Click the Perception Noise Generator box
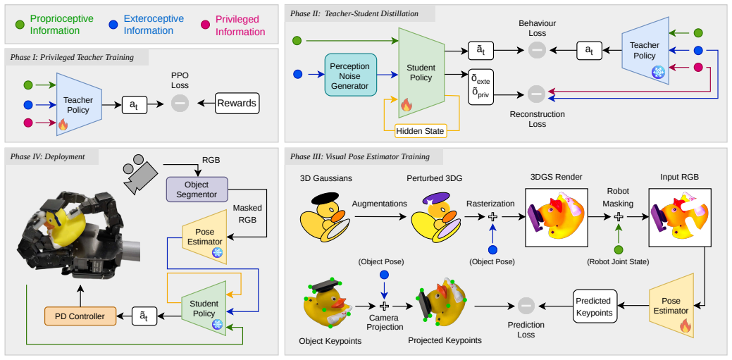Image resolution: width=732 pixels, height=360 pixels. point(350,74)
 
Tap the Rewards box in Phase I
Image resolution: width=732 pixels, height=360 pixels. point(237,103)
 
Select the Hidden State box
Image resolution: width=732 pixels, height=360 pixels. point(421,131)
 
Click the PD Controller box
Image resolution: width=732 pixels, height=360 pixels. point(80,316)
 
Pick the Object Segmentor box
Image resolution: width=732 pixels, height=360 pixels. point(197,188)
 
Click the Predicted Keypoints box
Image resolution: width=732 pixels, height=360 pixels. point(595,306)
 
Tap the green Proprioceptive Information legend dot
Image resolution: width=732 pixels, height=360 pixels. point(20,25)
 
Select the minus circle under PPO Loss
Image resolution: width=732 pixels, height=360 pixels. point(179,103)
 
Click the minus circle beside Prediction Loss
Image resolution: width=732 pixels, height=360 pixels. point(526,306)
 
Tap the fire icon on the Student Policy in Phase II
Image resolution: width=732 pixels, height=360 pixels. point(406,104)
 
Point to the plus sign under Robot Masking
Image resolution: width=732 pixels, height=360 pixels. point(618,217)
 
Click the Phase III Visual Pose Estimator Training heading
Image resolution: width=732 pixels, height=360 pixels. point(359,156)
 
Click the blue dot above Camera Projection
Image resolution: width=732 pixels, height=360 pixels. point(384,275)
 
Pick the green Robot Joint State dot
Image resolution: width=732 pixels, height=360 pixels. point(618,250)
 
